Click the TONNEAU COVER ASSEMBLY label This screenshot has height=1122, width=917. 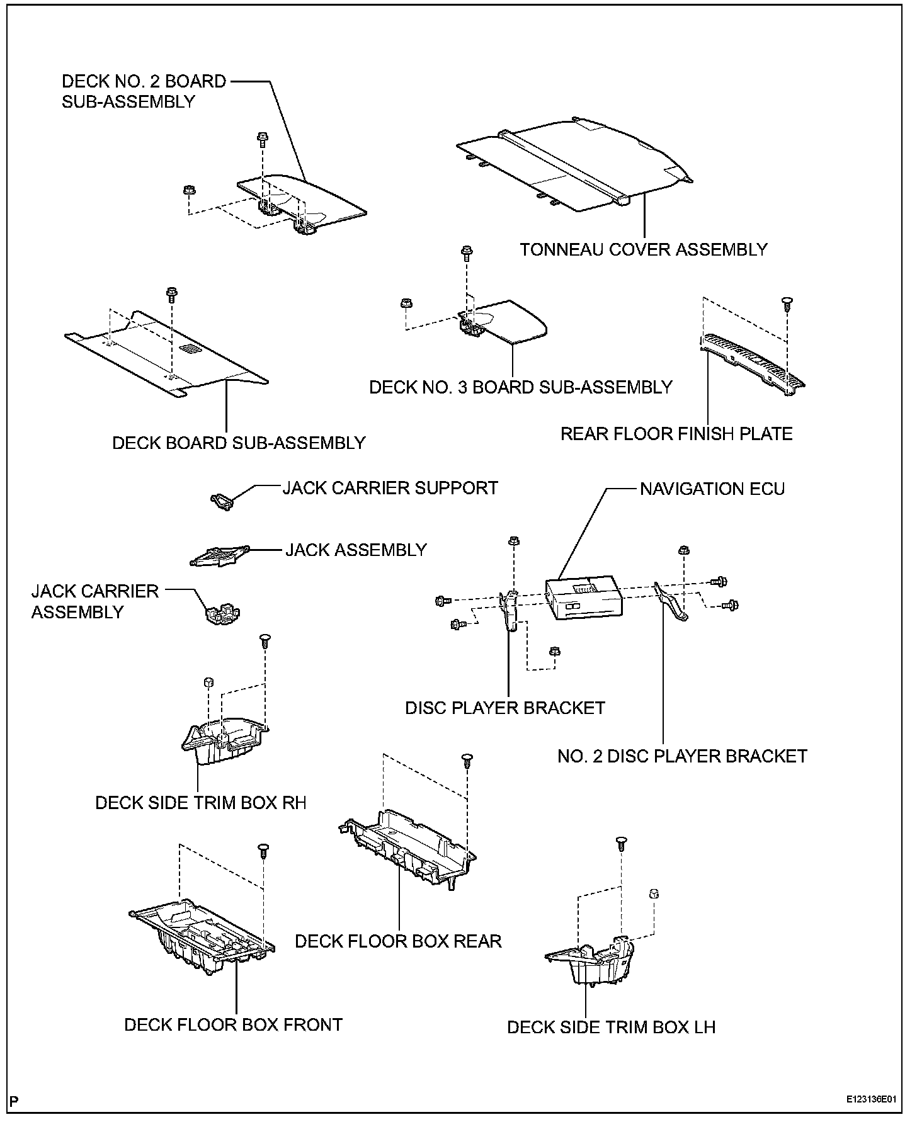coord(644,250)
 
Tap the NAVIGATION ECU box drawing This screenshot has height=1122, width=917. coord(583,599)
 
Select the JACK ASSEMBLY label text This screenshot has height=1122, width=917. coord(356,550)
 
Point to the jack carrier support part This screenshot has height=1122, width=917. coord(222,501)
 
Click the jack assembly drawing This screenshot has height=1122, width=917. coord(219,557)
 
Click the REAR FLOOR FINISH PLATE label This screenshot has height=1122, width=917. coord(676,434)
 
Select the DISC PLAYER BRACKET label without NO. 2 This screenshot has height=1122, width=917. coord(504,708)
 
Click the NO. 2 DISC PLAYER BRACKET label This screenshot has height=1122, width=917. coord(682,756)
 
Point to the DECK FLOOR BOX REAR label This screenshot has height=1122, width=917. coord(398,941)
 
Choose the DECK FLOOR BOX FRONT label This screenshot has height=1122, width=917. coord(233,1024)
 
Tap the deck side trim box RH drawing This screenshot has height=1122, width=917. coord(224,740)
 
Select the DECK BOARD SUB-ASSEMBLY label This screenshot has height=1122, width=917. coord(239,443)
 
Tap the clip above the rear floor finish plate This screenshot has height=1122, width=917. coord(787,303)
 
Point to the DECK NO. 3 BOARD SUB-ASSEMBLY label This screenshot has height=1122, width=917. coord(521,387)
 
